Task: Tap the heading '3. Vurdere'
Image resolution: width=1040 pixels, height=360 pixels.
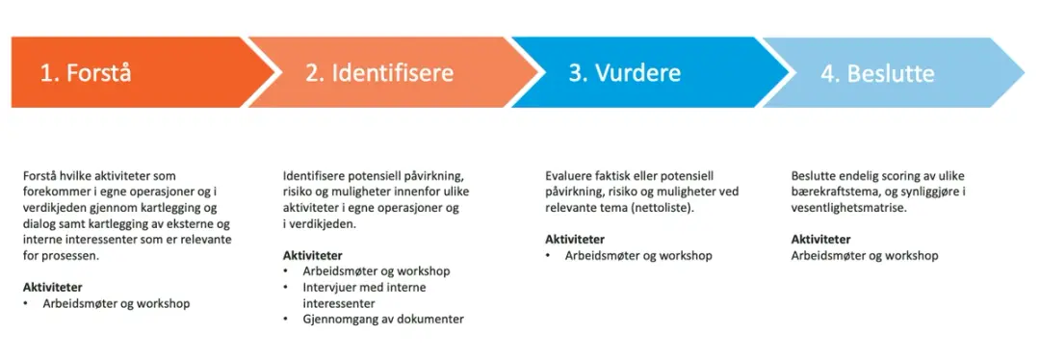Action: tap(624, 73)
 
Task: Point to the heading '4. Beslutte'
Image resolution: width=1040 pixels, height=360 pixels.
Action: tap(876, 73)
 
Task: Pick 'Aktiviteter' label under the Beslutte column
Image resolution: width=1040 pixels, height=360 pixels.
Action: tap(820, 240)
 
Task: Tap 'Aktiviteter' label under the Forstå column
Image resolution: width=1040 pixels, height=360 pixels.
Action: tap(52, 287)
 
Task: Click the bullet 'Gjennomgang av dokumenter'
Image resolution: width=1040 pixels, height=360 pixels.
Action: tap(382, 319)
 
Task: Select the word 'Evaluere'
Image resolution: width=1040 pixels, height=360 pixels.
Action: tap(569, 176)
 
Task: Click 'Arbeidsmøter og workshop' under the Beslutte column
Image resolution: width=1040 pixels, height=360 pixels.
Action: tap(864, 255)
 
